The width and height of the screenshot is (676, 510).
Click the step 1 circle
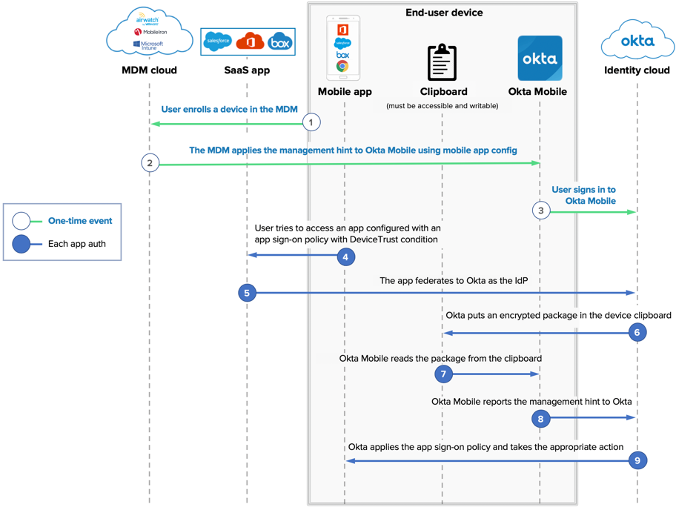(x=311, y=122)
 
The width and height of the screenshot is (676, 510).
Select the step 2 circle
(x=150, y=163)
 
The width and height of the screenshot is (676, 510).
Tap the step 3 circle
(x=541, y=211)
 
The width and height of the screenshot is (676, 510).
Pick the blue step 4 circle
(x=345, y=256)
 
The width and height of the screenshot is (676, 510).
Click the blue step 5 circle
(x=247, y=293)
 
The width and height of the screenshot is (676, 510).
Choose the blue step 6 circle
(x=637, y=332)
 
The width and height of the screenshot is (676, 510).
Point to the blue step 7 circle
(x=443, y=374)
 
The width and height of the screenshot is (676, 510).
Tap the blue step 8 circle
(x=541, y=419)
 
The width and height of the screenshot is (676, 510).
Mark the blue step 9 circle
(x=637, y=460)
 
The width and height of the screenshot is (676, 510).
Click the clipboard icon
(x=443, y=62)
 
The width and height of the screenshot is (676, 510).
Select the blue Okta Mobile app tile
(x=540, y=58)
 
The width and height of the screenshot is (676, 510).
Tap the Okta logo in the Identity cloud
(x=637, y=41)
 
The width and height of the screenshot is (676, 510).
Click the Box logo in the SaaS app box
(x=280, y=42)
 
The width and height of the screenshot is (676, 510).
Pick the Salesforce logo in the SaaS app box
(x=218, y=42)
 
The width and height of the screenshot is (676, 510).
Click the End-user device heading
(x=444, y=13)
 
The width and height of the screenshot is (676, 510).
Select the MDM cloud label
(x=149, y=70)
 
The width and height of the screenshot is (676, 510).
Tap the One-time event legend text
(x=80, y=220)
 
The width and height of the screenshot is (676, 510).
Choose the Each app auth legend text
(x=77, y=243)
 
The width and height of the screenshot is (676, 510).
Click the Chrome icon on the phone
(x=342, y=67)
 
